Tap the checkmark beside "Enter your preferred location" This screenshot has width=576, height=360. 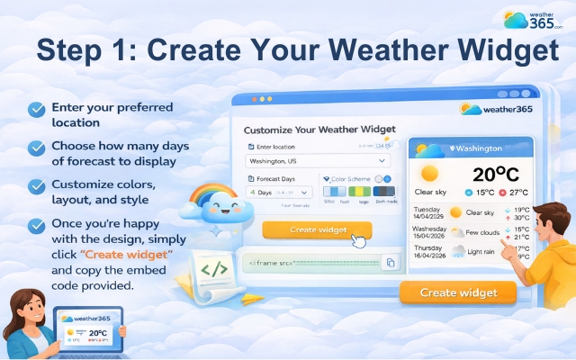[36, 110]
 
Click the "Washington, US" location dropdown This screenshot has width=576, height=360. [319, 162]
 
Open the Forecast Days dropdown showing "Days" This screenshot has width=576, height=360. [279, 192]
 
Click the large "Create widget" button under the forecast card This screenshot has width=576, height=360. [457, 292]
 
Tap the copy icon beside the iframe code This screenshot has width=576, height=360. [390, 263]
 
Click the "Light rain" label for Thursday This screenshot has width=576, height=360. [485, 252]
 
